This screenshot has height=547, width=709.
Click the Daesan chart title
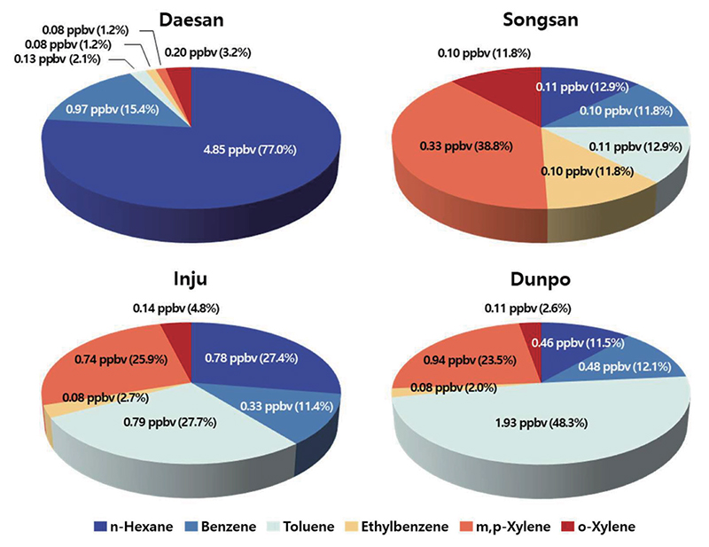point(191,20)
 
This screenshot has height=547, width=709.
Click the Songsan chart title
point(541,20)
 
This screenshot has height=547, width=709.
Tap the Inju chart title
point(191,279)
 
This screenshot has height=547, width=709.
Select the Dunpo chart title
point(541,279)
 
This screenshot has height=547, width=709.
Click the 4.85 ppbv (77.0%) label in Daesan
point(250,150)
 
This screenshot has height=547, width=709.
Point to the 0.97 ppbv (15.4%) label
point(113,109)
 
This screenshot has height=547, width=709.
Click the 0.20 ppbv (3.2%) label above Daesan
point(207,52)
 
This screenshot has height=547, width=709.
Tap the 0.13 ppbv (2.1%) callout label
point(58,59)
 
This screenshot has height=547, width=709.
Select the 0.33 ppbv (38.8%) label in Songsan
point(466,146)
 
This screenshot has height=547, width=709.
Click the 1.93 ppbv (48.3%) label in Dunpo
point(541,423)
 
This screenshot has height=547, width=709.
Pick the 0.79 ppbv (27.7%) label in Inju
point(170,422)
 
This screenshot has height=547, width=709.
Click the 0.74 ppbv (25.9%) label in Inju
point(121,360)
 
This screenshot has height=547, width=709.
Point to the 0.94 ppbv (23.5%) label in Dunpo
point(470,360)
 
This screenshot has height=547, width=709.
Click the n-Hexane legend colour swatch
point(100,527)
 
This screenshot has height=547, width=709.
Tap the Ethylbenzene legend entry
point(396,527)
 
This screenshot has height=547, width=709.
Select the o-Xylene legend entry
point(598,527)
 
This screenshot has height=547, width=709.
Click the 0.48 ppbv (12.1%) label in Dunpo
point(625,366)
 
